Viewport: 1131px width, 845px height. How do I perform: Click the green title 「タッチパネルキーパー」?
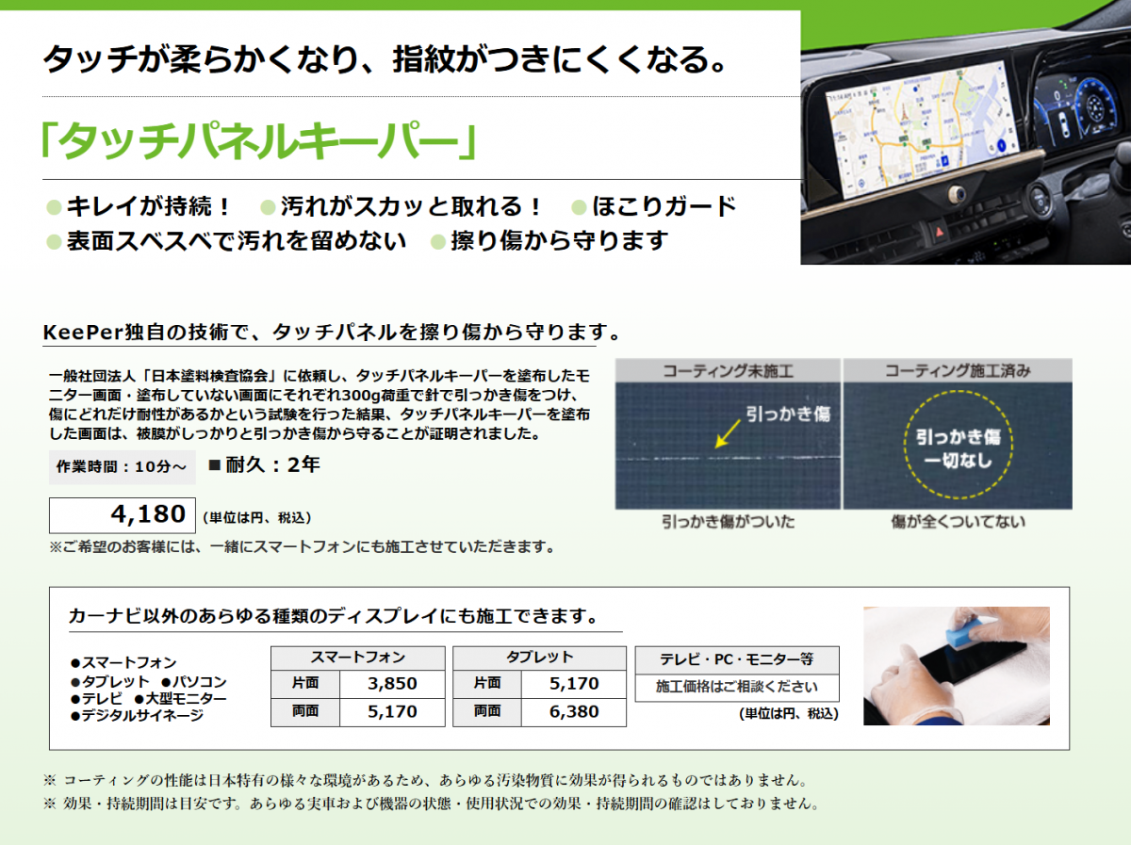[259, 140]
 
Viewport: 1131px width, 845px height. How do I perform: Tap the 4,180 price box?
[123, 515]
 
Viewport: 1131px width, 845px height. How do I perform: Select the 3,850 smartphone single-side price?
[392, 683]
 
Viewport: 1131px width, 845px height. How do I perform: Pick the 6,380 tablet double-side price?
[573, 711]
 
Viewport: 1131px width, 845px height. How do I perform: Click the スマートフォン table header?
[357, 658]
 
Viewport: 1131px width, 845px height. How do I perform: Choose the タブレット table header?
[539, 658]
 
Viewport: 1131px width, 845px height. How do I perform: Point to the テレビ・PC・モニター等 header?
[737, 659]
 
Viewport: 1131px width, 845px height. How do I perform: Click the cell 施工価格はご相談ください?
[737, 687]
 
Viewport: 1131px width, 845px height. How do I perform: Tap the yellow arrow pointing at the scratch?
[728, 433]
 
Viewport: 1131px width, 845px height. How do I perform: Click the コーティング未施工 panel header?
[728, 371]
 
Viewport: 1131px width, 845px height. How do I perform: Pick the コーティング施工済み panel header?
[958, 371]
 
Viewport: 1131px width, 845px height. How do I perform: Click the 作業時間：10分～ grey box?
[123, 467]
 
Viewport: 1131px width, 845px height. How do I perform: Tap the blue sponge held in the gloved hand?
[964, 632]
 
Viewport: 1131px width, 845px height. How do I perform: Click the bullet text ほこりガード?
[664, 206]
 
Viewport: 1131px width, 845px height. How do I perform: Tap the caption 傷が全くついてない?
[958, 522]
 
